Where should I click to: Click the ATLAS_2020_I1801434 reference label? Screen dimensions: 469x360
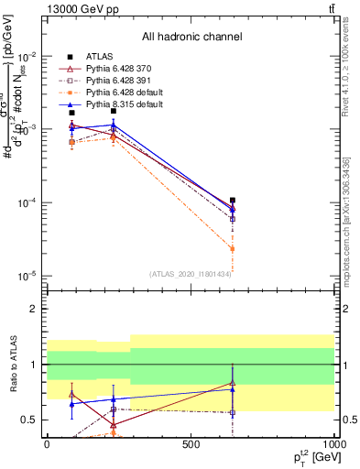pyautogui.click(x=191, y=274)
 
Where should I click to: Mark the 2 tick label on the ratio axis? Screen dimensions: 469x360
pyautogui.click(x=34, y=310)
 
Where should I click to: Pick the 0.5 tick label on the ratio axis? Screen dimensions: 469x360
pyautogui.click(x=30, y=420)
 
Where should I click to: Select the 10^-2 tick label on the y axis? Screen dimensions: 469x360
pyautogui.click(x=27, y=57)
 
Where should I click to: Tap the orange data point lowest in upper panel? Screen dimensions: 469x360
pyautogui.click(x=233, y=248)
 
